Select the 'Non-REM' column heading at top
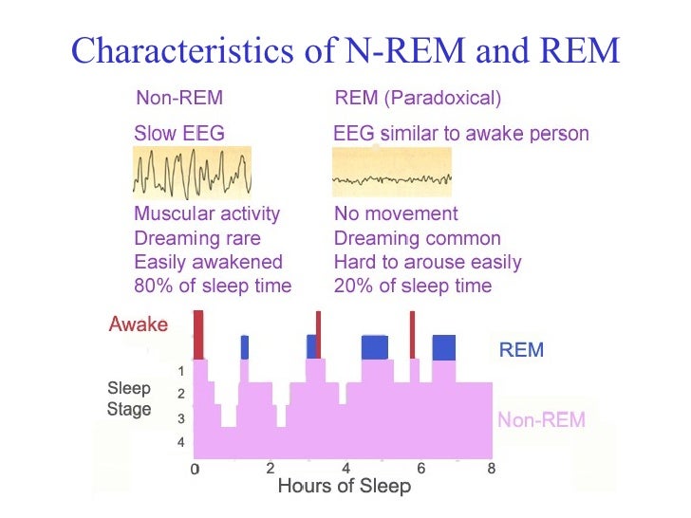[179, 98]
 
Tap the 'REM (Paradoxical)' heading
[418, 98]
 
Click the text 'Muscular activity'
[207, 214]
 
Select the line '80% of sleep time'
[213, 286]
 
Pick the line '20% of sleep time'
[413, 286]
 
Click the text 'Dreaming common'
[417, 238]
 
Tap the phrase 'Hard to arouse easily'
[427, 262]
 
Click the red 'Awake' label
[139, 325]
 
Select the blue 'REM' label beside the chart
[521, 351]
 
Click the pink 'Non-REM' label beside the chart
[541, 419]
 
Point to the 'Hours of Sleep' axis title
[344, 487]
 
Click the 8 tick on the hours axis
[491, 469]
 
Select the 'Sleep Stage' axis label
[128, 399]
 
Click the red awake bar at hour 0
[198, 335]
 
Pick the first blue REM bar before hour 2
[244, 347]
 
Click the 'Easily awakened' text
[208, 262]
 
